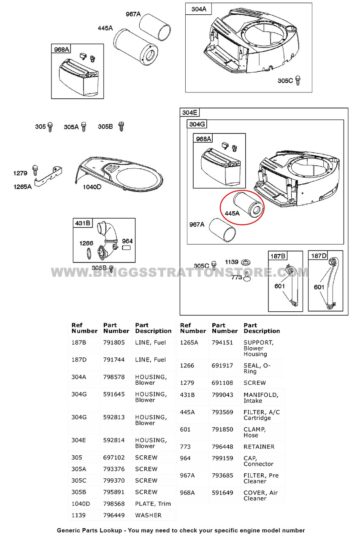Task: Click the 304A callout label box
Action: [199, 9]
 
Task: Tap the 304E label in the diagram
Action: [189, 112]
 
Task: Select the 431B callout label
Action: [83, 223]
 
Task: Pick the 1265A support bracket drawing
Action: [49, 176]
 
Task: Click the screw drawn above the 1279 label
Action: [35, 170]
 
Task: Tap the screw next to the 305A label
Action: [84, 127]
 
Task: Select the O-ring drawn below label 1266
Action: [89, 254]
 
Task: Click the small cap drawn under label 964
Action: [126, 248]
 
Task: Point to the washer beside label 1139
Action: [246, 262]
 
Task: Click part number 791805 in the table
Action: [114, 343]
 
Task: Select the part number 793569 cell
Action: [222, 412]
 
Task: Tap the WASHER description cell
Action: [148, 515]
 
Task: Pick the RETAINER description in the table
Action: [259, 447]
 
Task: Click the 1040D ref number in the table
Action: [81, 504]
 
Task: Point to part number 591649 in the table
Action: [222, 493]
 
